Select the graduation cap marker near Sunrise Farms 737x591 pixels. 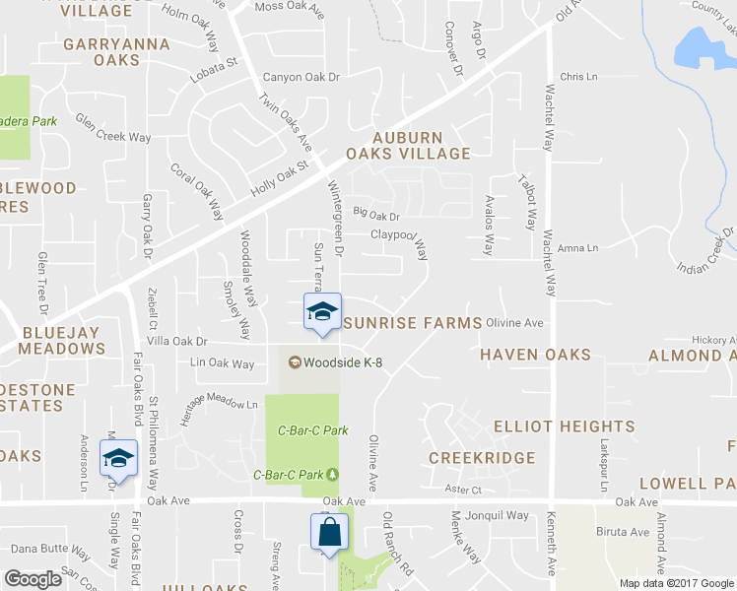pyautogui.click(x=321, y=311)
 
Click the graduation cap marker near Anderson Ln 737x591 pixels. pyautogui.click(x=118, y=458)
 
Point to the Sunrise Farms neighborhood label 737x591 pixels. pyautogui.click(x=413, y=323)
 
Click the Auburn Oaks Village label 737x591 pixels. pyautogui.click(x=407, y=146)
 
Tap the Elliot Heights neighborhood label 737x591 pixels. pyautogui.click(x=565, y=427)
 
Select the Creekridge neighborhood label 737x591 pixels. pyautogui.click(x=482, y=458)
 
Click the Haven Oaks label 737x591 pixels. pyautogui.click(x=535, y=355)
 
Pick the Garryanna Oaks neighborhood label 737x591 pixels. pyautogui.click(x=116, y=52)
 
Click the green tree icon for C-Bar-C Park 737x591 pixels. pyautogui.click(x=332, y=475)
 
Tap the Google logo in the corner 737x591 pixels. pyautogui.click(x=33, y=579)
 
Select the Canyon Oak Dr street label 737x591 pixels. pyautogui.click(x=301, y=78)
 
